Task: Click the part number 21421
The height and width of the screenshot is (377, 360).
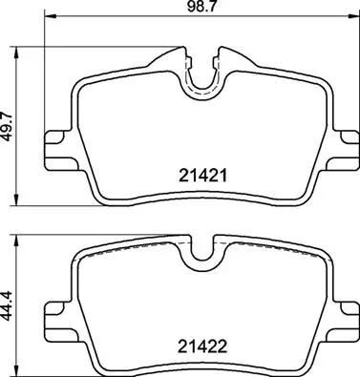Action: click(x=201, y=176)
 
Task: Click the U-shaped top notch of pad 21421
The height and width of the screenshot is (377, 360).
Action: click(x=201, y=75)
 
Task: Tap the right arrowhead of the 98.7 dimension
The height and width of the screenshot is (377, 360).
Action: click(x=355, y=19)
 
